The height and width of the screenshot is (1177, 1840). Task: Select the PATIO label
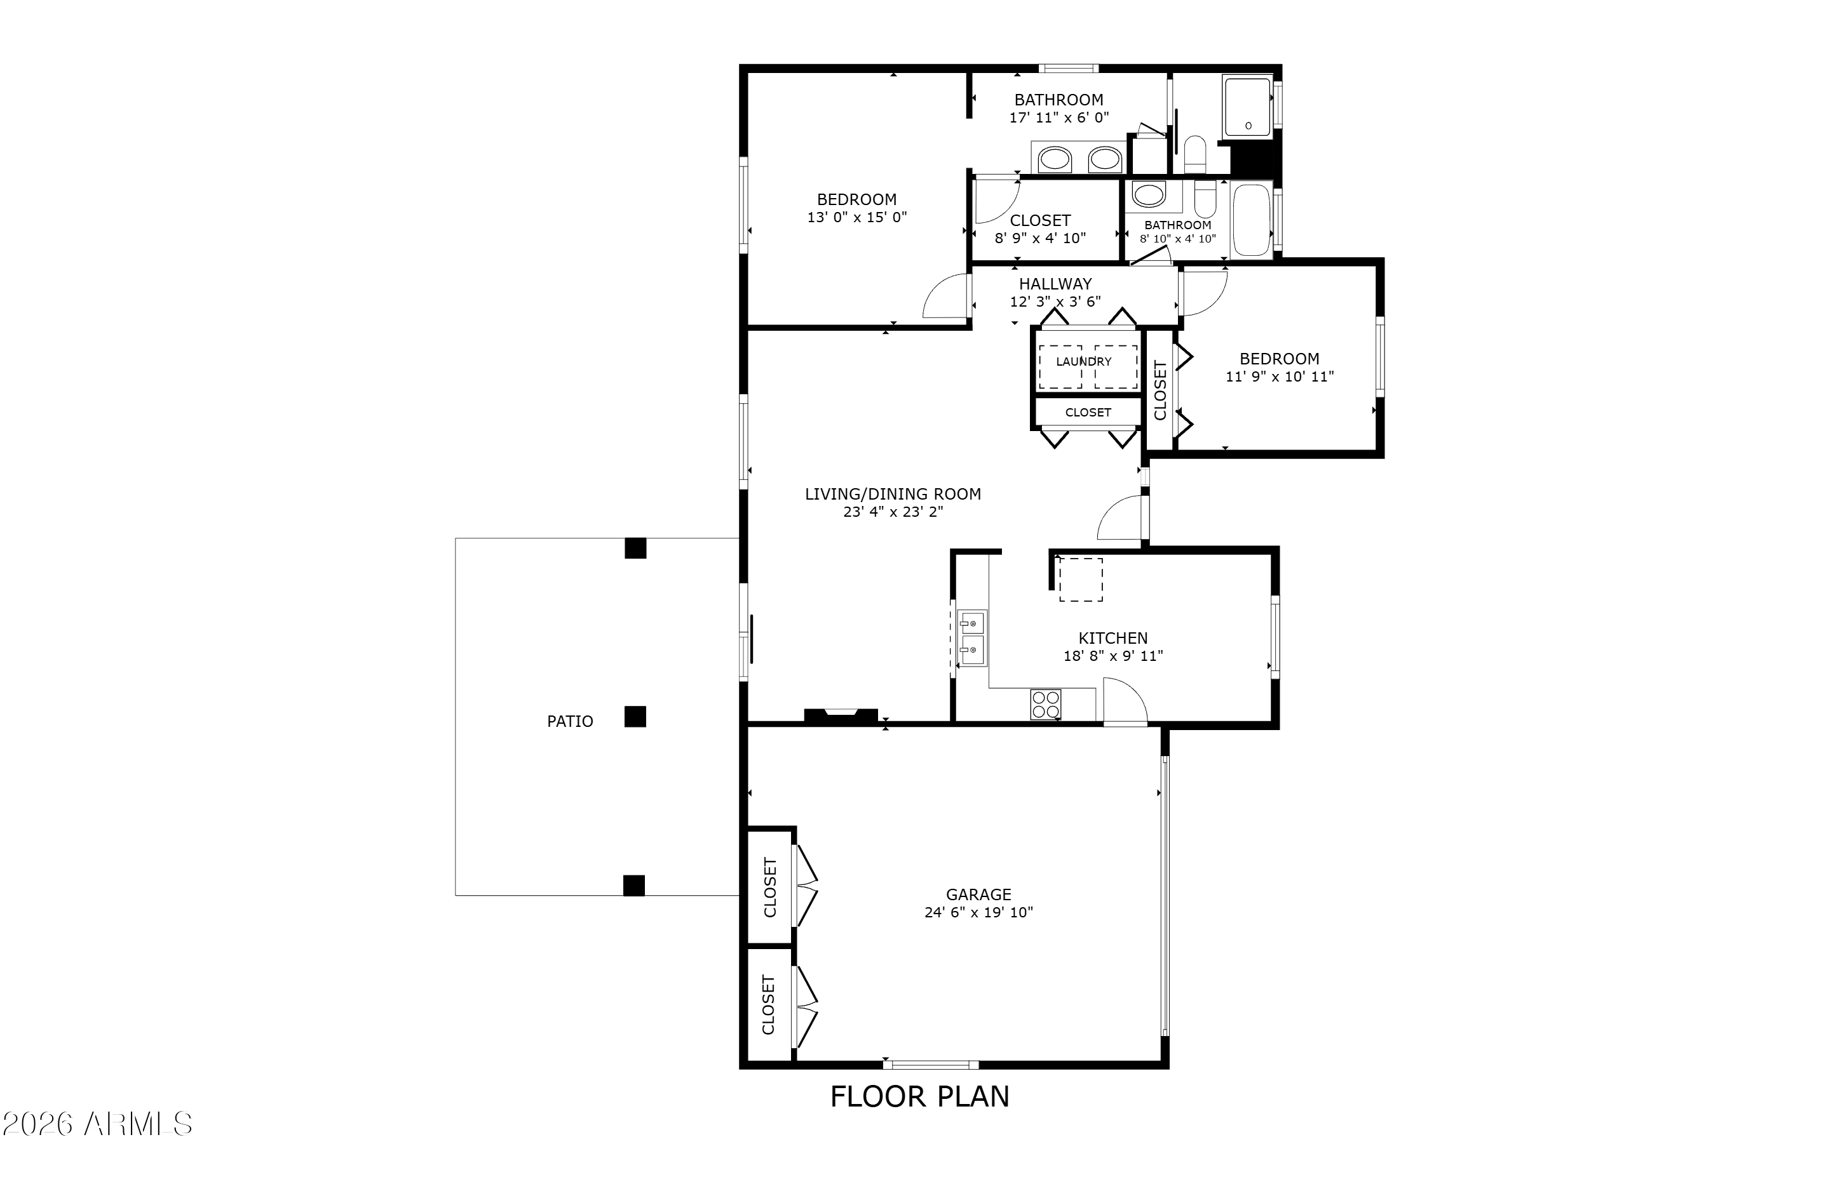click(570, 721)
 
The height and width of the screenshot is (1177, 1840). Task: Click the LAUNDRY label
click(1084, 361)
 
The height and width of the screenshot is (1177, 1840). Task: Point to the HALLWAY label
click(1055, 284)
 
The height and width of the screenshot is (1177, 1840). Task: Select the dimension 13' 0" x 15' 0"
click(856, 217)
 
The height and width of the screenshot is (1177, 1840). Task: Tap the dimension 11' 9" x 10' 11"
click(1280, 376)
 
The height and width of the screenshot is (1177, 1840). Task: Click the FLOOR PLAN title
click(920, 1097)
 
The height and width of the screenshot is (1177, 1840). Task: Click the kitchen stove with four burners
click(1045, 705)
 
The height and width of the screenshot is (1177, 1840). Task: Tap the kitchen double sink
click(972, 638)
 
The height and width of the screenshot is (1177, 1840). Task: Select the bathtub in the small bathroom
click(1251, 220)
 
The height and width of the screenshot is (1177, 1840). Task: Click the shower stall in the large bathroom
click(1247, 107)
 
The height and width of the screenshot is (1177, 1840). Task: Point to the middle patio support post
click(635, 717)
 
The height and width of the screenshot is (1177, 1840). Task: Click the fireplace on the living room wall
click(841, 715)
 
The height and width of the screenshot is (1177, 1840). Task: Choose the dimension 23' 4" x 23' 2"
click(893, 512)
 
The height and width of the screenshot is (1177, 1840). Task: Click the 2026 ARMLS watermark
click(97, 1124)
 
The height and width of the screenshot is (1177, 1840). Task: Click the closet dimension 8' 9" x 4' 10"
click(1040, 239)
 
